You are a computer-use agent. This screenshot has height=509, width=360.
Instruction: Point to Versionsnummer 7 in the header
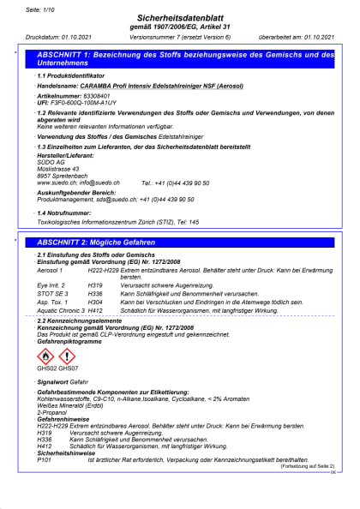(154, 39)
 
